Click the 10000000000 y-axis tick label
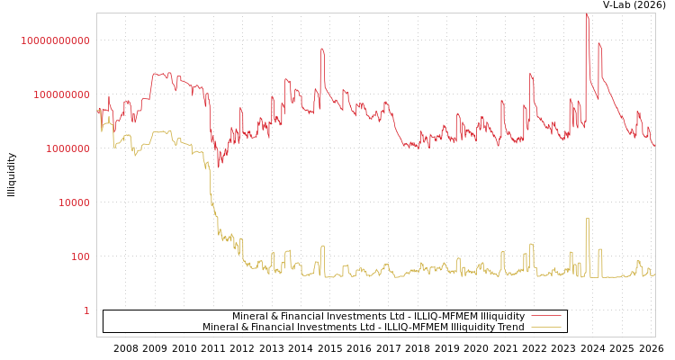(56, 40)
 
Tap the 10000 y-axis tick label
(74, 202)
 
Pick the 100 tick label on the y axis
(80, 256)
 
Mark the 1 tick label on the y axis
(86, 310)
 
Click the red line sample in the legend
(546, 316)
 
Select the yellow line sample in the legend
(546, 327)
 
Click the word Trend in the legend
(510, 327)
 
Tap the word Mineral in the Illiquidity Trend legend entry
(220, 327)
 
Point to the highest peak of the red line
(587, 14)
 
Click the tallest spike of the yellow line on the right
(588, 219)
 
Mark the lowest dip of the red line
(218, 166)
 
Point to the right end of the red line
(654, 145)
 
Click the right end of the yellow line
(654, 274)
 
